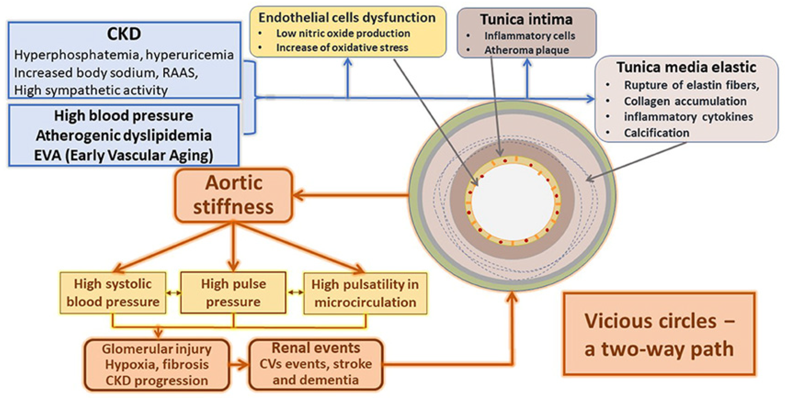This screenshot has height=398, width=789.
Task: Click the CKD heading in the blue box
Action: coord(124,34)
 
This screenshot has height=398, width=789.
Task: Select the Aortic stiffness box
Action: coord(233,195)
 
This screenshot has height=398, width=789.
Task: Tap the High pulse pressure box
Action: coord(233,293)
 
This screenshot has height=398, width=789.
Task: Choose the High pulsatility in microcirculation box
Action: coord(365,293)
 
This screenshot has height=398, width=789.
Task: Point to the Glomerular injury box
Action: coord(157,365)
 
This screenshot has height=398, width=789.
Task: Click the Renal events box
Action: coord(316,364)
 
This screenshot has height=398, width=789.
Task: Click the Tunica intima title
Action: coord(526,20)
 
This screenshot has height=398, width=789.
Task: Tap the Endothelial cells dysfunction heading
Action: coord(347,18)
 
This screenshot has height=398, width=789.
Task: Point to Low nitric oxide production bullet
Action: coord(343,33)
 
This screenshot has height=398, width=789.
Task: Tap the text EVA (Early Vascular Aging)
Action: coord(124,155)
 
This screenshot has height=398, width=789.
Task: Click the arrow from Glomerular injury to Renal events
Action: coord(239,364)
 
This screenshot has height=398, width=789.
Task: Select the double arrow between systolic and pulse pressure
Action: coord(173,293)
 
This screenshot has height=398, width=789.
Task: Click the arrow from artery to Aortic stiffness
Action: coord(349,195)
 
